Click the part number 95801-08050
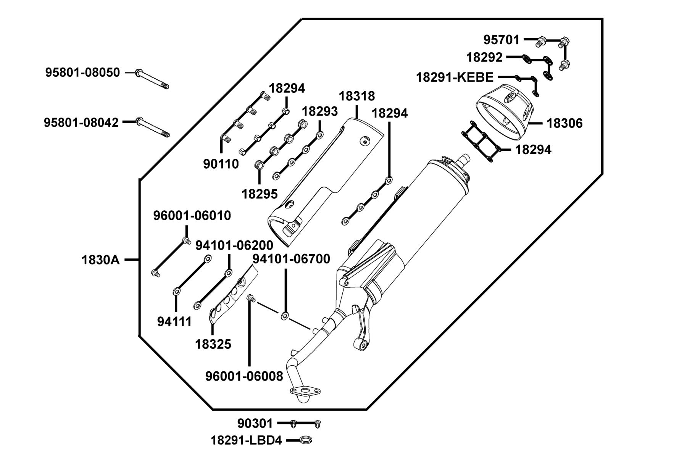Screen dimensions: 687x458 tap(82, 73)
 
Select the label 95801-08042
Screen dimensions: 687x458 tap(81, 123)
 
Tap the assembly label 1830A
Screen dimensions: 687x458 tap(100, 260)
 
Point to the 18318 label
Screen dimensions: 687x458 tap(357, 96)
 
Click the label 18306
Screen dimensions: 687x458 tap(564, 123)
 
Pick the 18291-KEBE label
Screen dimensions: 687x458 tap(455, 77)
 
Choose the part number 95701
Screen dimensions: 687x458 tap(502, 40)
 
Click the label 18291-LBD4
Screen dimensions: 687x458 tap(246, 440)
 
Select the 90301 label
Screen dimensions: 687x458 tap(255, 423)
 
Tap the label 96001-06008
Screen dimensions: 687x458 tap(244, 376)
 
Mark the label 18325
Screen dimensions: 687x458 tap(213, 344)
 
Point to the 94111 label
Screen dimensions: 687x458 tap(174, 322)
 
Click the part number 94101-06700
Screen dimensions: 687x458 tap(291, 259)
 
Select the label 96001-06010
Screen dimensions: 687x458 tap(192, 216)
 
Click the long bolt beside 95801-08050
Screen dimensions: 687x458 tap(152, 79)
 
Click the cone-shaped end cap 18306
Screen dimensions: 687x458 tap(505, 111)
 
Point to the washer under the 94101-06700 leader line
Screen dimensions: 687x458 tap(285, 316)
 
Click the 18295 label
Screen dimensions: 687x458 tap(260, 194)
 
